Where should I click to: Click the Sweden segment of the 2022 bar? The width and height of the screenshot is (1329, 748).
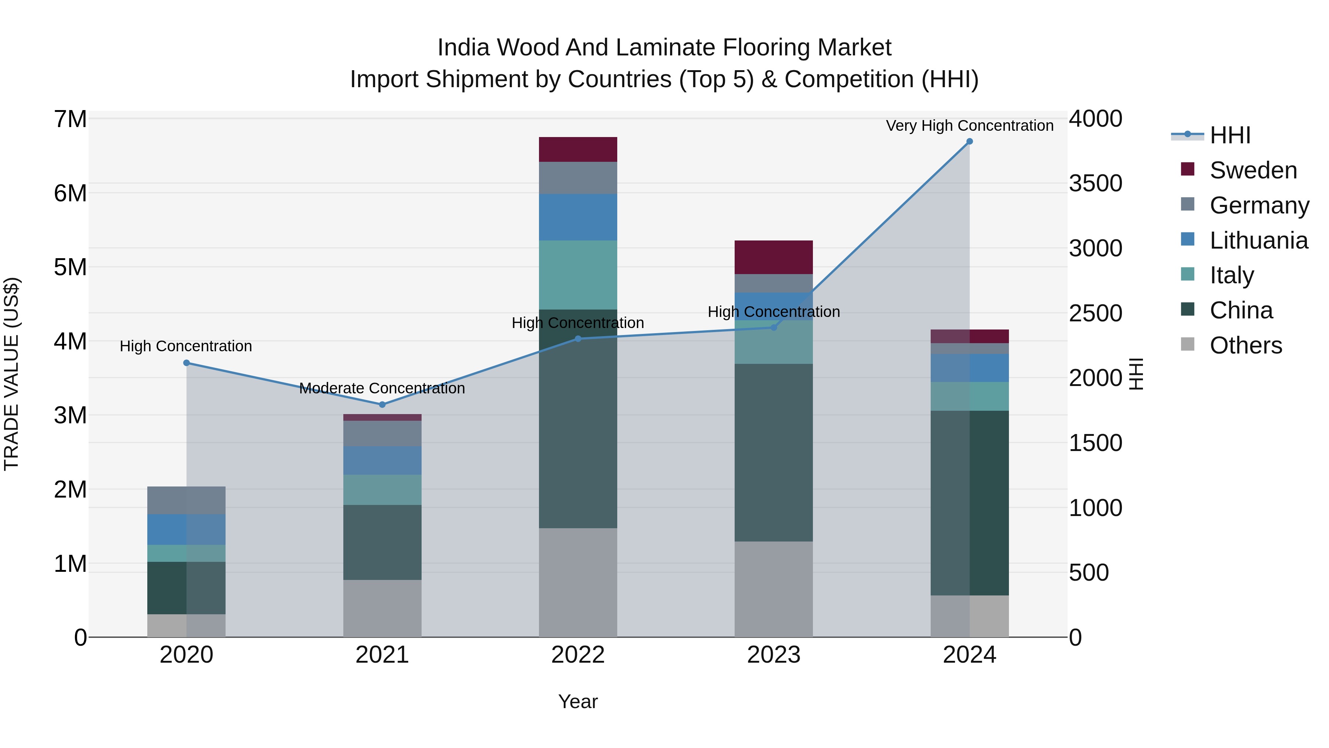(x=578, y=149)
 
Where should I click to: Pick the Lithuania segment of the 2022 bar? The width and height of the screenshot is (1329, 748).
(x=578, y=217)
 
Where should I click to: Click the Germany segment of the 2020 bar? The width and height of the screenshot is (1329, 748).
(x=186, y=500)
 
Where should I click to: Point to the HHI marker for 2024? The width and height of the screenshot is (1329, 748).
(x=969, y=141)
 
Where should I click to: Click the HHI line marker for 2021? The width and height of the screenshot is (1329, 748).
(x=382, y=405)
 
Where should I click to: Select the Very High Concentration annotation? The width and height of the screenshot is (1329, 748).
(x=969, y=126)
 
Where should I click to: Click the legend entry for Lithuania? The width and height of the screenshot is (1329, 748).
(x=1258, y=240)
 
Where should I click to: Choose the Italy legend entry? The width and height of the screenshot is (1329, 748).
(x=1232, y=275)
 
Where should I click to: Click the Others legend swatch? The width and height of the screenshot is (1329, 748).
(x=1188, y=344)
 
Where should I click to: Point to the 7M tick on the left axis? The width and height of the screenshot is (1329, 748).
(x=70, y=119)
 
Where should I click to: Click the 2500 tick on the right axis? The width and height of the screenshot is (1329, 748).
(x=1095, y=313)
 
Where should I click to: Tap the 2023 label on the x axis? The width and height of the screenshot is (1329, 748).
(x=773, y=655)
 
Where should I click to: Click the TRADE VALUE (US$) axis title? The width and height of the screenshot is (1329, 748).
(x=11, y=374)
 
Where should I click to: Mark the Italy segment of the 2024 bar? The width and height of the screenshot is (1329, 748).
(x=969, y=396)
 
